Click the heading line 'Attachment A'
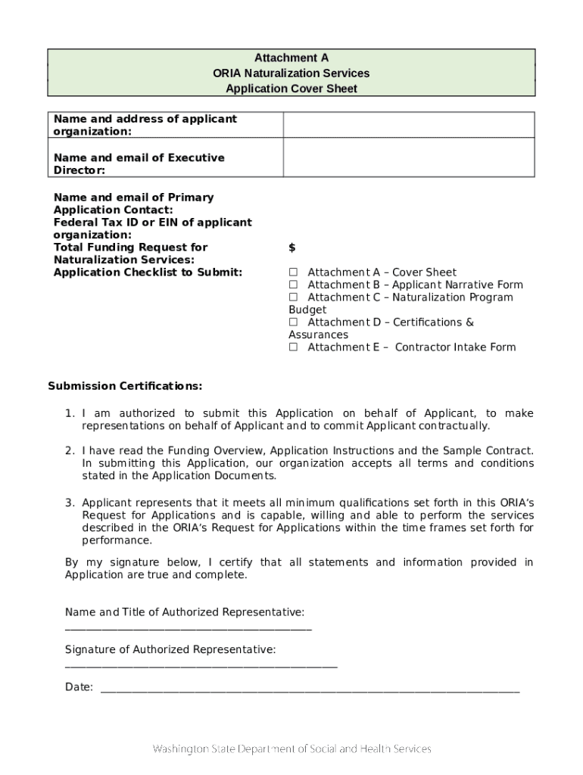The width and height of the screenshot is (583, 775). pos(291,58)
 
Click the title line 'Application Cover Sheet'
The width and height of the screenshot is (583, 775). pos(291,89)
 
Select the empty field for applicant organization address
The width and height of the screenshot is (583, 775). pos(409,125)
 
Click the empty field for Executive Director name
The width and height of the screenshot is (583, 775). pos(409,157)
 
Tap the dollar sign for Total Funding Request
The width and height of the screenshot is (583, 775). pos(292,247)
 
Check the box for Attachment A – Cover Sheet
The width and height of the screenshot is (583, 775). pos(294,272)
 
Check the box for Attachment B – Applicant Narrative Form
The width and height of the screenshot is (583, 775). pos(294,285)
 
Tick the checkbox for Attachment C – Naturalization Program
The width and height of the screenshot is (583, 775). pos(294,297)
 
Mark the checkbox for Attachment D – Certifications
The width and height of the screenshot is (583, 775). pos(294,322)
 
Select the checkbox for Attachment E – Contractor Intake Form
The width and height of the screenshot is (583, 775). pos(294,347)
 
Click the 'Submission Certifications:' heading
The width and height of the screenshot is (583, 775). pos(125,386)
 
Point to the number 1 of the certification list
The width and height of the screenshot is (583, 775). pos(69,413)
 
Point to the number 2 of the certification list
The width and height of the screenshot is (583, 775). pos(69,451)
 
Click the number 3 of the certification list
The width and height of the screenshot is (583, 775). pos(69,503)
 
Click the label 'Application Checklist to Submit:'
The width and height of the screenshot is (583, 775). pos(148,272)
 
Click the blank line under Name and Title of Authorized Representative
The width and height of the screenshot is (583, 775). pos(188,628)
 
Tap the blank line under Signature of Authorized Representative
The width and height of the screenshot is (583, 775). pos(201,666)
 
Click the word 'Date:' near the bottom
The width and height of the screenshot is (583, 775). pos(79,687)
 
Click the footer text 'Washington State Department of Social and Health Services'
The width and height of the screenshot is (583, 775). pos(291,749)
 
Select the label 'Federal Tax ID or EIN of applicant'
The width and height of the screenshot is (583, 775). pos(152,223)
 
